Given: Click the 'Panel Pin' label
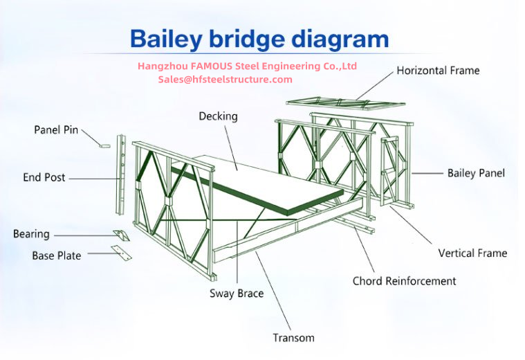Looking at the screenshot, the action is (56, 129).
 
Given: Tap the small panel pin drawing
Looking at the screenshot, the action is (105, 146).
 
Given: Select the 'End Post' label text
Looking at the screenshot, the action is (44, 177).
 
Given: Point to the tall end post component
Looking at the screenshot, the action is (121, 174).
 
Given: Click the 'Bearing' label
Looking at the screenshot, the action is (31, 234).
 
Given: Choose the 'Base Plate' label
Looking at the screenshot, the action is (56, 255).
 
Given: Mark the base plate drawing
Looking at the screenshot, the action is (122, 253).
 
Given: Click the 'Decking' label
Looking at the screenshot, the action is (219, 116).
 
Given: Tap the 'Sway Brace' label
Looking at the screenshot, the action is (237, 294).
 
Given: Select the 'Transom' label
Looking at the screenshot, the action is (294, 338).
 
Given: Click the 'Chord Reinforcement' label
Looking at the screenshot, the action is (404, 281).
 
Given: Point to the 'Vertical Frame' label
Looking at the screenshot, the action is (472, 253).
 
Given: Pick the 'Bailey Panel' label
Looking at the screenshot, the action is (476, 173).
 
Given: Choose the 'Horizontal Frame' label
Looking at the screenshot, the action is (438, 71).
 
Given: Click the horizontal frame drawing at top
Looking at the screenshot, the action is (346, 103).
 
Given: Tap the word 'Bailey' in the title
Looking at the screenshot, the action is (166, 39).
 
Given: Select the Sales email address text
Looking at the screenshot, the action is (225, 80).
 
